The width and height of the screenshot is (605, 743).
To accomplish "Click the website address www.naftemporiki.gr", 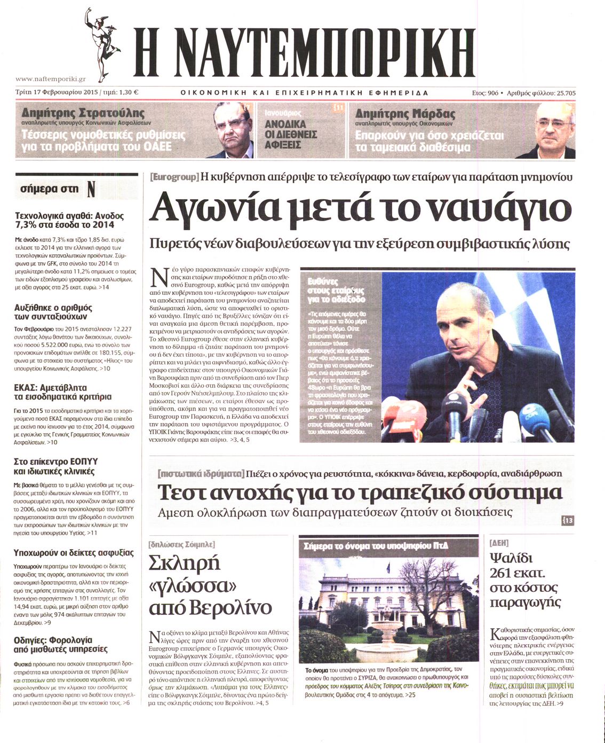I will click(x=51, y=79).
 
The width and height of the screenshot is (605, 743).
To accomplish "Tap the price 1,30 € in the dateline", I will click(x=128, y=92).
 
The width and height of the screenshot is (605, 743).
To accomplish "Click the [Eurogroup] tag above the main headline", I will click(x=174, y=177).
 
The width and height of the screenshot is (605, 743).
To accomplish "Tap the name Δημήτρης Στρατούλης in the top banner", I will click(x=83, y=113).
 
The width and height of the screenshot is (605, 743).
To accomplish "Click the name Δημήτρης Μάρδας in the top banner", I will click(x=405, y=114).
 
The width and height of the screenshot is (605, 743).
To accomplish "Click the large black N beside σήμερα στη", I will click(x=91, y=189).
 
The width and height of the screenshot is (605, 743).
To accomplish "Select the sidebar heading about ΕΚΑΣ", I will click(x=62, y=392).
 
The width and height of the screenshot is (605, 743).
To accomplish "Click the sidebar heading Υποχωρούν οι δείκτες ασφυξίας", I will click(x=74, y=552).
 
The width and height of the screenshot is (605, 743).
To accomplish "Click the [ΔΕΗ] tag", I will click(x=499, y=543).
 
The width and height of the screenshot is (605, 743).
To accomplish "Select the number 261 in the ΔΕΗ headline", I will click(x=505, y=574).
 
